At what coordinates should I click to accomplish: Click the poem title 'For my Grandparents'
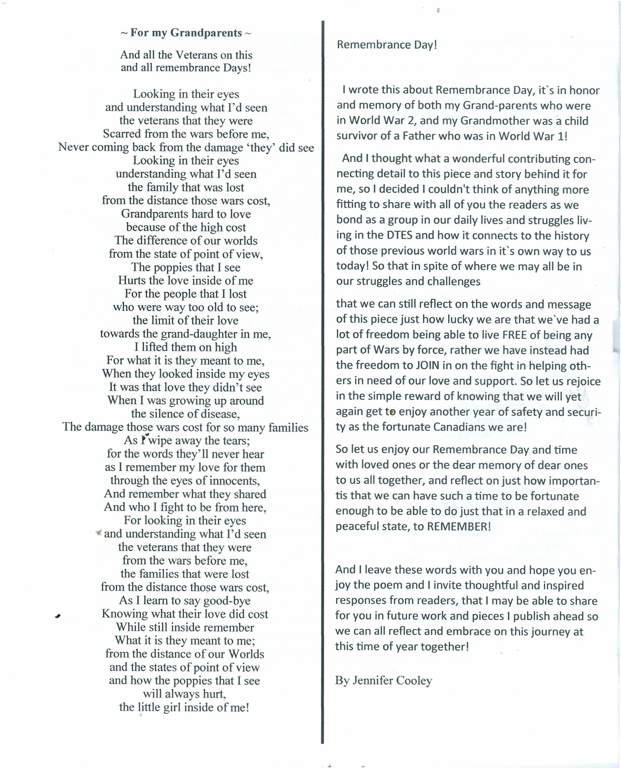pyautogui.click(x=186, y=33)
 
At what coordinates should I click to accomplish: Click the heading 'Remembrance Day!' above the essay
pyautogui.click(x=387, y=45)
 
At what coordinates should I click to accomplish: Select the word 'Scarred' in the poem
pyautogui.click(x=122, y=134)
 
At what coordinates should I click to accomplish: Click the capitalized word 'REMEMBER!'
pyautogui.click(x=459, y=527)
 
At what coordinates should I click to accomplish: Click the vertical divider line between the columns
pyautogui.click(x=323, y=358)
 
